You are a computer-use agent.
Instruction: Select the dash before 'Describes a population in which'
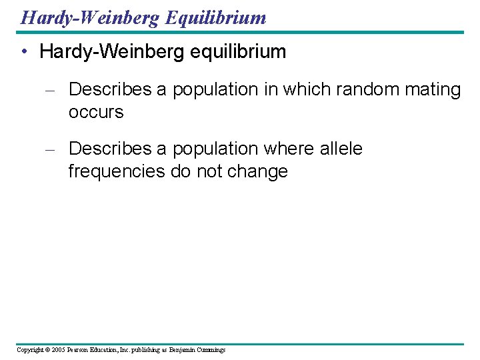coord(49,90)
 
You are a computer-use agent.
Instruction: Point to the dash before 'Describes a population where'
coord(49,149)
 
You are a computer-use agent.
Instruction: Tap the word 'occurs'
coord(96,112)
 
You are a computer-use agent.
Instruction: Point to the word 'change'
coord(257,171)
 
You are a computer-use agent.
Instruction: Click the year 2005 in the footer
coord(57,350)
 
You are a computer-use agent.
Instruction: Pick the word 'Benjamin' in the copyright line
coord(182,350)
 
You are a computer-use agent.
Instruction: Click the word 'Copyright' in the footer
coord(29,350)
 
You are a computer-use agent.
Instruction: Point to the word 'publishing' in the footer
coord(146,350)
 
